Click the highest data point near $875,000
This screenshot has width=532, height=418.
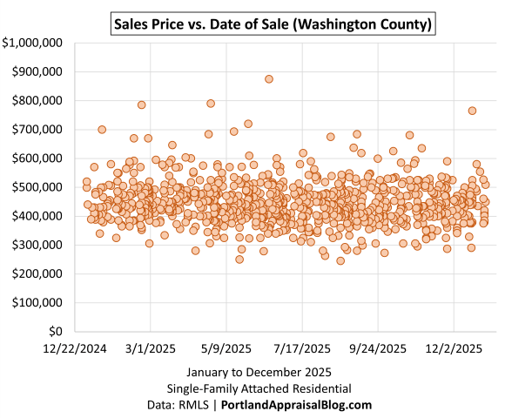coord(269,79)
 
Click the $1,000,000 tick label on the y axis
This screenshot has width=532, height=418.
coord(32,43)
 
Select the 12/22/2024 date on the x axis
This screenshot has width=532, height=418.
coord(75,348)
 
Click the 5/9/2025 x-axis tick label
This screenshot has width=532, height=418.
coord(227,348)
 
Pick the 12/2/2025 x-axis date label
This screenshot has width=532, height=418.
coord(455,348)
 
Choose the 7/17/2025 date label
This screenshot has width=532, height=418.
coord(302,348)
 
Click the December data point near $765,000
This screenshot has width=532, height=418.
coord(472,111)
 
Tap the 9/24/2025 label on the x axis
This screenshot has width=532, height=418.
coord(379,348)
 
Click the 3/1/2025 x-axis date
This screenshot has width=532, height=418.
coord(151,348)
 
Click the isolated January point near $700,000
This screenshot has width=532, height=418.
coord(102,130)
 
